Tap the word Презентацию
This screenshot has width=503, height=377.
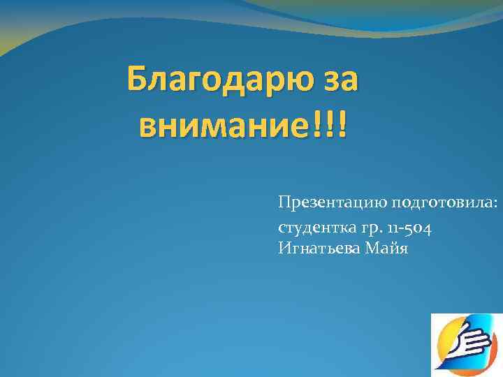[x=332, y=203]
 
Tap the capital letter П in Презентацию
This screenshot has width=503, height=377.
[x=283, y=202]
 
